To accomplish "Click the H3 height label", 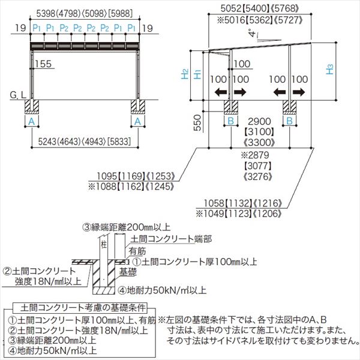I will (x=331, y=70).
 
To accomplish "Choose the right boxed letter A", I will (x=139, y=121).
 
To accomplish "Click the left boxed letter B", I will (x=231, y=120).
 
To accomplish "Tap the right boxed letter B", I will (x=290, y=120).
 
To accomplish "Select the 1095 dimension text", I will (x=106, y=177).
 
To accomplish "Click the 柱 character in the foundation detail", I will (x=103, y=245).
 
